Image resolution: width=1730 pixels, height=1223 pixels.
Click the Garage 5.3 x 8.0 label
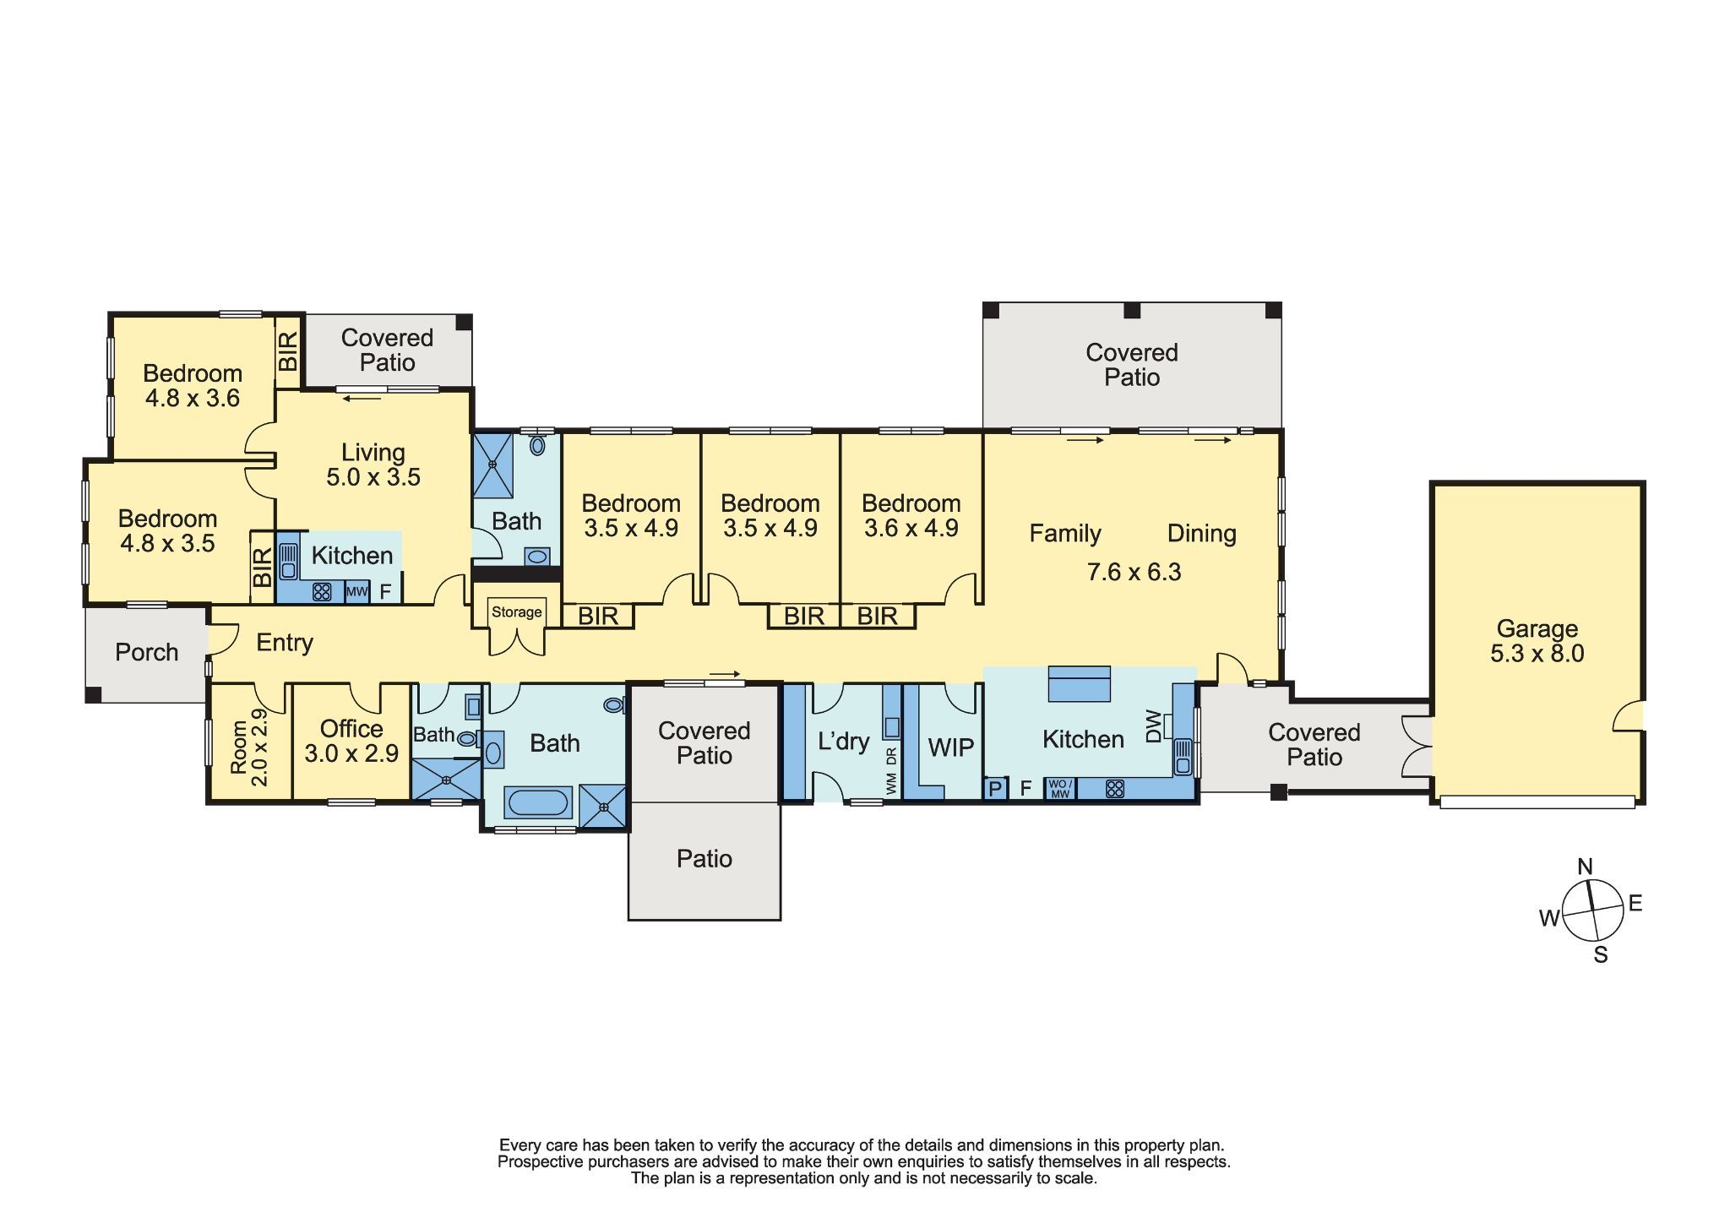(x=1537, y=641)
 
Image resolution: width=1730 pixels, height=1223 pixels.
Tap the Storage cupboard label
(x=516, y=612)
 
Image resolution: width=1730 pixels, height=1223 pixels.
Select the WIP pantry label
(x=950, y=747)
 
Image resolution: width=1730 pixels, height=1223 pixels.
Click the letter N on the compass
(x=1585, y=867)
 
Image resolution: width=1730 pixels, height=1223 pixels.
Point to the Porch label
(x=147, y=652)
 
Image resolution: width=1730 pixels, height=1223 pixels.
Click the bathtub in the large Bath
(x=539, y=802)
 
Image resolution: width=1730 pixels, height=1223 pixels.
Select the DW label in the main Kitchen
(x=1154, y=726)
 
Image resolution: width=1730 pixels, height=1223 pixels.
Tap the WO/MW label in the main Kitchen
(x=1059, y=789)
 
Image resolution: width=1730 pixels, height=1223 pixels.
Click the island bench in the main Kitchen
(x=1079, y=684)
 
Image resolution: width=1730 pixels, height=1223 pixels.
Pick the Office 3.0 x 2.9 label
(x=351, y=741)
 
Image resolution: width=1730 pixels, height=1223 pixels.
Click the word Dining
(x=1201, y=533)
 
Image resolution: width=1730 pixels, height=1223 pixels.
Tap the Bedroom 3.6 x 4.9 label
(x=911, y=515)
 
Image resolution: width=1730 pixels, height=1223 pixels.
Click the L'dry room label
(x=843, y=742)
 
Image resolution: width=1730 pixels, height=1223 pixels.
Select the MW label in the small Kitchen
(x=356, y=592)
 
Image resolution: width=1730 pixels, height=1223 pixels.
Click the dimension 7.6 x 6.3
(x=1134, y=572)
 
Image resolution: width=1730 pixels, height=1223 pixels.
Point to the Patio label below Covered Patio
(x=704, y=859)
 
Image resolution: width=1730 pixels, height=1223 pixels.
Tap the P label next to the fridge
(x=995, y=789)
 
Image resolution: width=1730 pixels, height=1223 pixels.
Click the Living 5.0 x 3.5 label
(x=373, y=465)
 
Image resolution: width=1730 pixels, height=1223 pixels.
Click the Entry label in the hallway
(x=285, y=643)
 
